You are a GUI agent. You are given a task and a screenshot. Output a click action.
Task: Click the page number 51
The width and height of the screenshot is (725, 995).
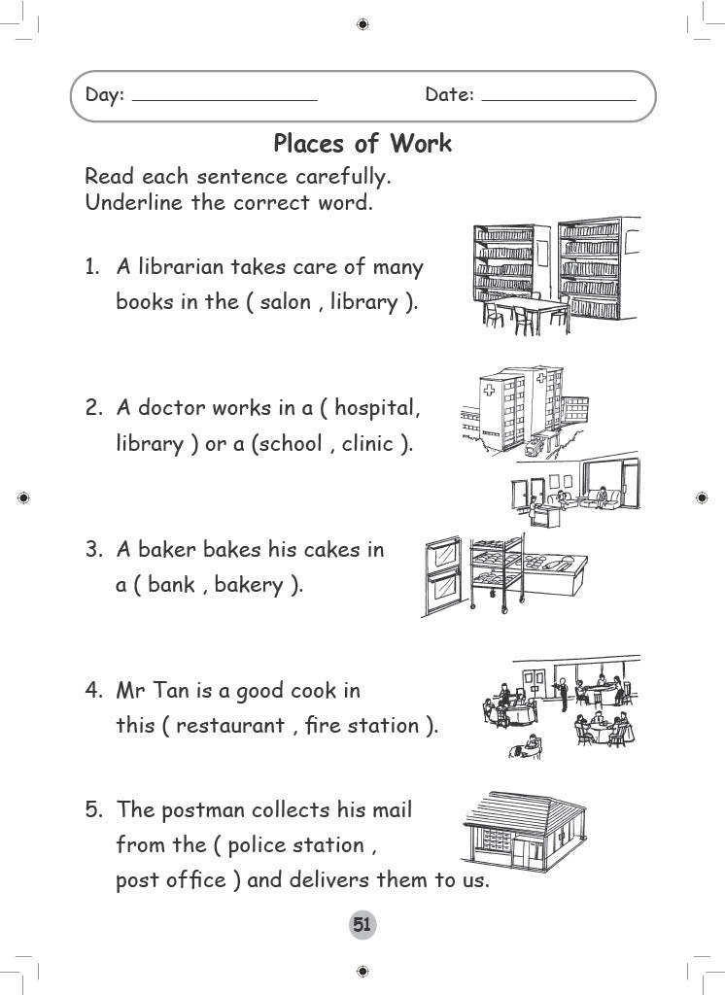pos(362,925)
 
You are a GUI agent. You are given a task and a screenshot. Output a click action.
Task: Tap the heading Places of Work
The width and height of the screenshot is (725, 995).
pos(362,144)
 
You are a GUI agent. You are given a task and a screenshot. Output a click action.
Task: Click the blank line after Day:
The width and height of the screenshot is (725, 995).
pos(224,98)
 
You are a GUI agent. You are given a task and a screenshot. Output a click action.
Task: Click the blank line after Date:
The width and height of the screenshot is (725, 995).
pos(558,98)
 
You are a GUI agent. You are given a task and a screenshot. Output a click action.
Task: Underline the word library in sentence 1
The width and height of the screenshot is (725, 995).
pos(363,302)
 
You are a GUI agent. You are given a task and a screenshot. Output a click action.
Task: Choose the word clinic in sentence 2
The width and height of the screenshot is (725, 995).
pos(368,444)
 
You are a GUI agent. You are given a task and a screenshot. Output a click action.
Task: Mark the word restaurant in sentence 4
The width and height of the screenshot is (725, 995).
pos(229,726)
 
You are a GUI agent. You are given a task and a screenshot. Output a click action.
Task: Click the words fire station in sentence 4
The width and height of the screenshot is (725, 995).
pos(361,726)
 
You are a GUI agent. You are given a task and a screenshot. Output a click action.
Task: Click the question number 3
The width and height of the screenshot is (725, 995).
pos(93,550)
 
